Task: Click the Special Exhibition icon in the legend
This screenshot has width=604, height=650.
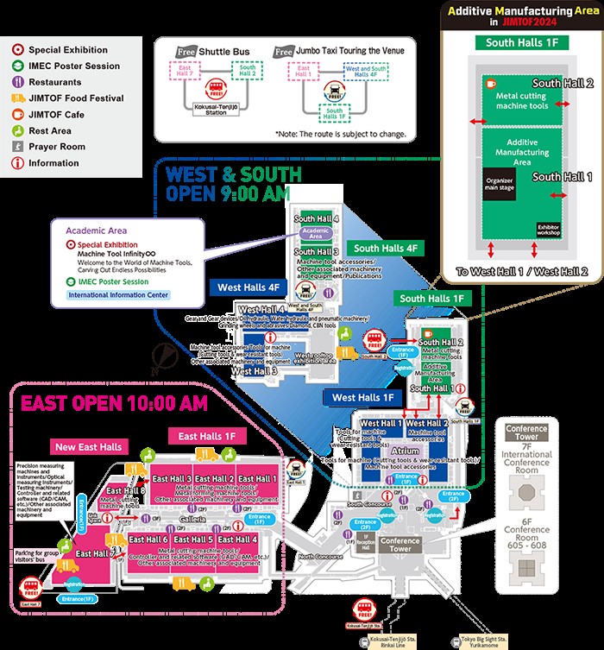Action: pyautogui.click(x=19, y=50)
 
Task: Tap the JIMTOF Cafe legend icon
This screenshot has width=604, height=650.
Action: pyautogui.click(x=19, y=115)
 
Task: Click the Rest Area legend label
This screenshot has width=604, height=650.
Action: pyautogui.click(x=50, y=131)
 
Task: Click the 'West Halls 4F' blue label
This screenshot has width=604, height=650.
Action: pyautogui.click(x=249, y=287)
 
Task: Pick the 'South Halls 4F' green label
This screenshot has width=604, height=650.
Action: pyautogui.click(x=388, y=249)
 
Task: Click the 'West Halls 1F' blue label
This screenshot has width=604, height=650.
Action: pyautogui.click(x=363, y=398)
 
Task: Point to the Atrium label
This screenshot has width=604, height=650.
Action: pyautogui.click(x=405, y=451)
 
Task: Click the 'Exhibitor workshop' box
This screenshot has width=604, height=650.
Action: pyautogui.click(x=549, y=231)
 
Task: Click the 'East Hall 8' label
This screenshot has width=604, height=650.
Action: pyautogui.click(x=135, y=490)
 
